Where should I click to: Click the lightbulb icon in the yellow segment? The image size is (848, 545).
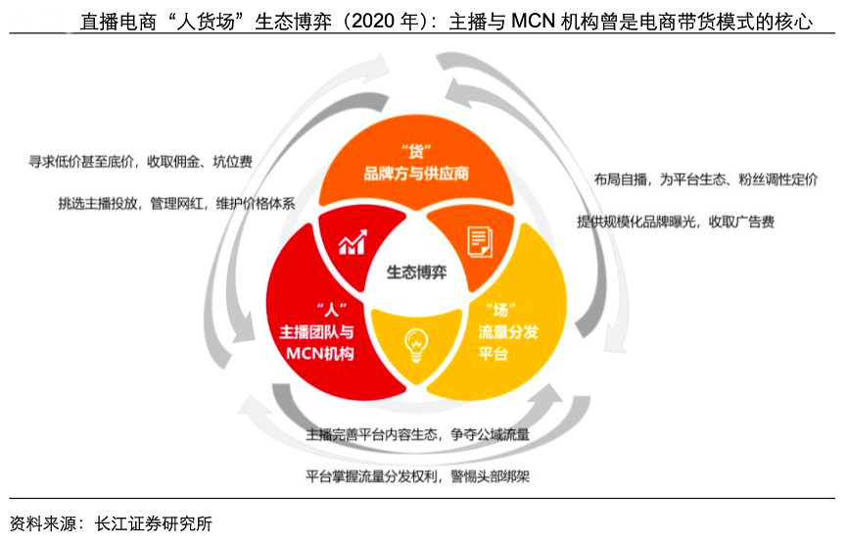pyautogui.click(x=416, y=345)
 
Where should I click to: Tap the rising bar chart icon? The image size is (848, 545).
pyautogui.click(x=353, y=242)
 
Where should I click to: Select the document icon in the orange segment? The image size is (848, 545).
pyautogui.click(x=480, y=242)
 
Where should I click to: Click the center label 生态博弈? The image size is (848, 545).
pyautogui.click(x=416, y=272)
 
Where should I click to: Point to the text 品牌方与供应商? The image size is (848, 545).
pyautogui.click(x=416, y=173)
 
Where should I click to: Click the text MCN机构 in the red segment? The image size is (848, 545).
pyautogui.click(x=319, y=354)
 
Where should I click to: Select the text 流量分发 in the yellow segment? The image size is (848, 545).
pyautogui.click(x=508, y=331)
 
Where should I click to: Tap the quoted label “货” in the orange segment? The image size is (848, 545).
pyautogui.click(x=416, y=151)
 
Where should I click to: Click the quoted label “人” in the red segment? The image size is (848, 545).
pyautogui.click(x=332, y=310)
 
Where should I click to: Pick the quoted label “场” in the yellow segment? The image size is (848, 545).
pyautogui.click(x=500, y=310)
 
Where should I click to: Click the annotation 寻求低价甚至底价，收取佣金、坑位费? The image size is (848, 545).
pyautogui.click(x=141, y=162)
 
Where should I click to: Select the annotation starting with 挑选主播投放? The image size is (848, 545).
pyautogui.click(x=177, y=204)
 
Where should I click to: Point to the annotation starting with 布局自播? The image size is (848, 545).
pyautogui.click(x=706, y=179)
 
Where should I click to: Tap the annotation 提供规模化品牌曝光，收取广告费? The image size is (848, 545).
pyautogui.click(x=676, y=222)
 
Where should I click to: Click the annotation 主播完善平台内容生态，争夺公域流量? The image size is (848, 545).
pyautogui.click(x=417, y=434)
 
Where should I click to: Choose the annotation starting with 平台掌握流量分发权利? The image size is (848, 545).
pyautogui.click(x=417, y=476)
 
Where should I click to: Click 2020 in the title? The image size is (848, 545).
pyautogui.click(x=373, y=21)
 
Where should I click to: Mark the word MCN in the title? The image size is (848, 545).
pyautogui.click(x=534, y=21)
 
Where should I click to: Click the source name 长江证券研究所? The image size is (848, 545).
pyautogui.click(x=154, y=523)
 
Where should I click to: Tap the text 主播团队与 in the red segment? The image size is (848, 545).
pyautogui.click(x=316, y=331)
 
